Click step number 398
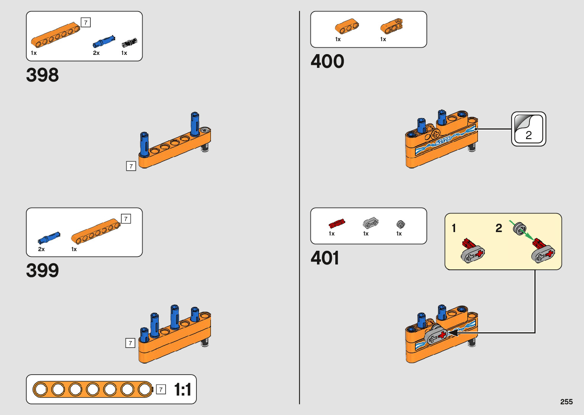click(x=42, y=75)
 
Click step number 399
click(x=42, y=271)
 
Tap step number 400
click(x=327, y=61)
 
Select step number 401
click(x=325, y=258)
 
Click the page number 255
click(x=566, y=402)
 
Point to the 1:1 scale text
click(x=183, y=390)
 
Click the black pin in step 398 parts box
click(x=129, y=42)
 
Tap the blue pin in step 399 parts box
click(x=49, y=238)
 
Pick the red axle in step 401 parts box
click(x=337, y=223)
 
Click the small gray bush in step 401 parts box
click(x=400, y=224)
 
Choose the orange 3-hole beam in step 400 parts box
click(x=346, y=26)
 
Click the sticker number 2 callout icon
click(x=528, y=129)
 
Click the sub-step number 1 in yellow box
click(x=454, y=228)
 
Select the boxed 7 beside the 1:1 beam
click(x=161, y=389)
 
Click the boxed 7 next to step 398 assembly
click(x=131, y=166)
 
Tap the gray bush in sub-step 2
click(x=519, y=228)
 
